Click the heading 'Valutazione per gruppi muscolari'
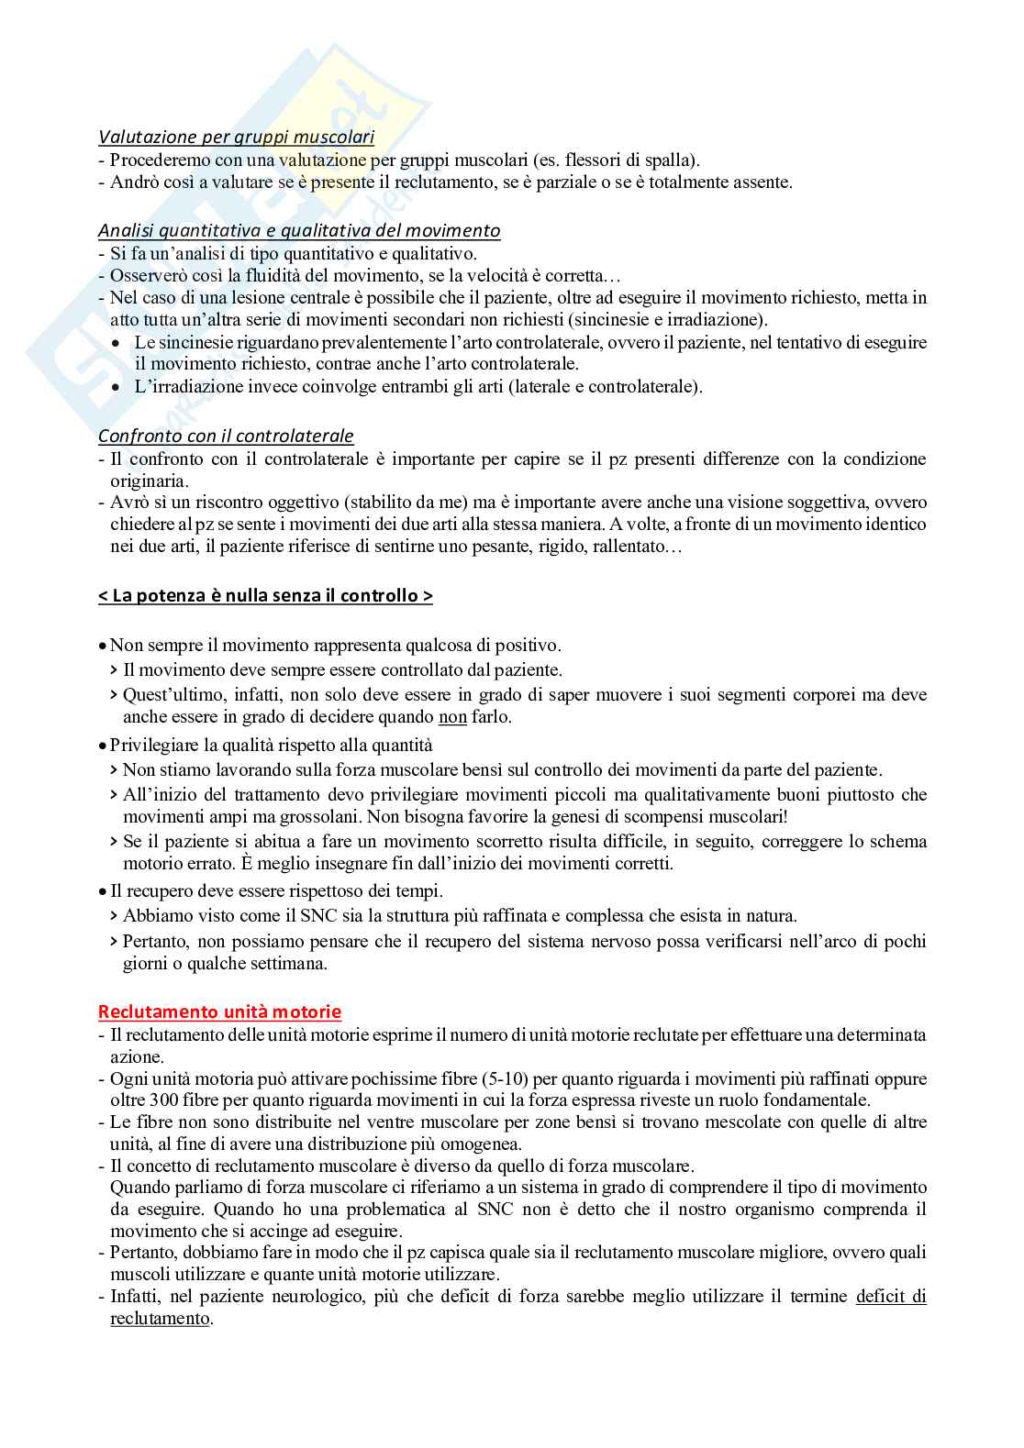(236, 138)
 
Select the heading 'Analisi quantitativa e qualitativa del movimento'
(299, 230)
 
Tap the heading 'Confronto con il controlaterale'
(226, 436)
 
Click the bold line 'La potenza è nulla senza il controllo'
(265, 596)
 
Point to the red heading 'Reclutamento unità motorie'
(219, 1011)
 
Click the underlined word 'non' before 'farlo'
(452, 717)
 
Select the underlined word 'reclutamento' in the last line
(160, 1318)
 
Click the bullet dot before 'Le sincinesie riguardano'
(115, 343)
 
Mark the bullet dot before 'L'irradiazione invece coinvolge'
(115, 387)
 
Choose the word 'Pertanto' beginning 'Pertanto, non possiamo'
(153, 941)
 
